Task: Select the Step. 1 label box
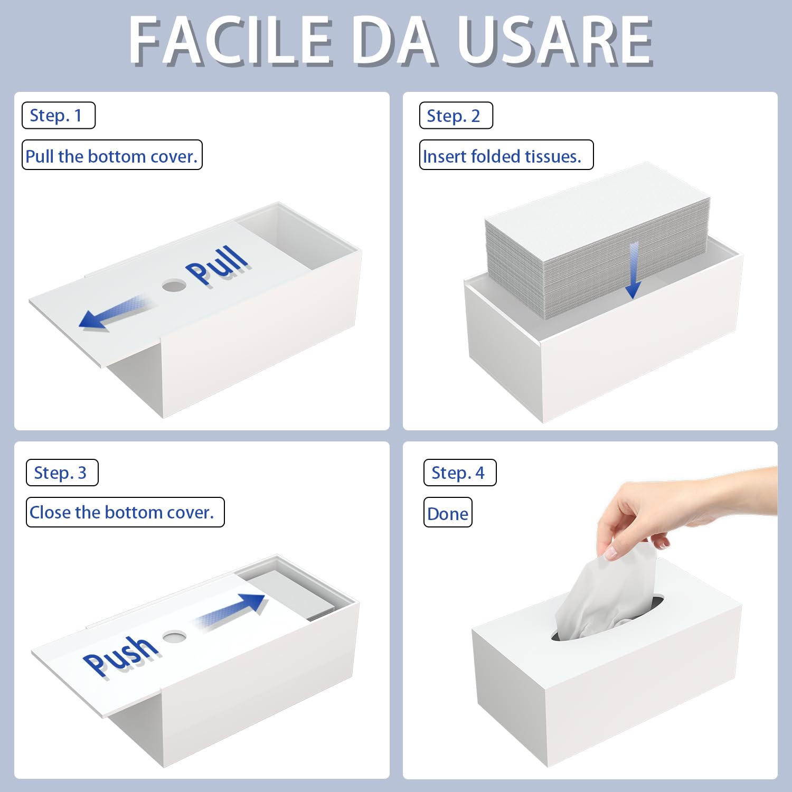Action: pyautogui.click(x=58, y=115)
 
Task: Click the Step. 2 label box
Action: pyautogui.click(x=456, y=116)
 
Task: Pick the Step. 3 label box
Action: pyautogui.click(x=62, y=473)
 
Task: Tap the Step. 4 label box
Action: pyautogui.click(x=459, y=473)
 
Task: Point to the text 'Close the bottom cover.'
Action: pyautogui.click(x=125, y=512)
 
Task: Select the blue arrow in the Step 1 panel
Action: pyautogui.click(x=114, y=313)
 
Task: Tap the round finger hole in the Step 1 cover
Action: pyautogui.click(x=174, y=286)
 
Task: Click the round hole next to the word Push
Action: pyautogui.click(x=174, y=636)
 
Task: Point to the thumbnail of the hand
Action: pyautogui.click(x=611, y=553)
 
